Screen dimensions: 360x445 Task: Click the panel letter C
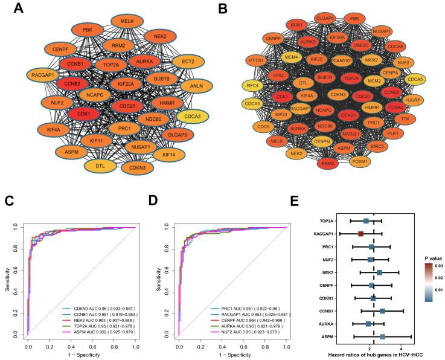(8, 200)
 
